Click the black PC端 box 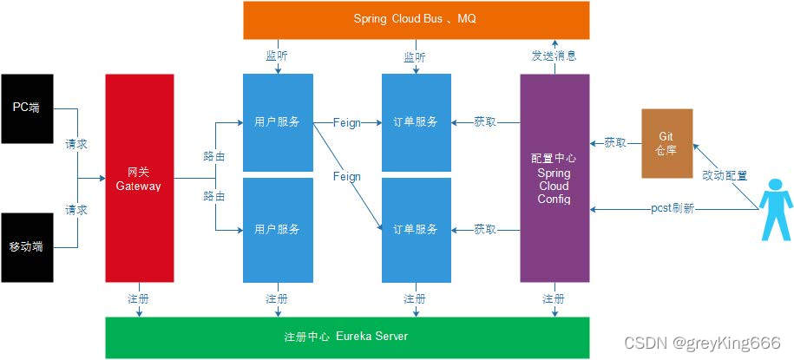click(x=27, y=108)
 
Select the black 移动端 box click(x=27, y=247)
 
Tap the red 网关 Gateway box click(x=139, y=178)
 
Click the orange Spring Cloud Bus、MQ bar click(x=416, y=20)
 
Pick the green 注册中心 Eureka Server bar click(x=346, y=337)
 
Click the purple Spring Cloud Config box click(x=554, y=178)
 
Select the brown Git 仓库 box click(x=666, y=143)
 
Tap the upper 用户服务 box click(x=278, y=122)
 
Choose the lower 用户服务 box click(x=278, y=230)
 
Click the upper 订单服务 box click(x=417, y=122)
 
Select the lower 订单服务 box click(x=417, y=230)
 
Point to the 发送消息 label click(x=554, y=56)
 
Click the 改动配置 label click(x=725, y=175)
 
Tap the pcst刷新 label click(x=673, y=209)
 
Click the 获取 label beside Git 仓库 click(x=615, y=142)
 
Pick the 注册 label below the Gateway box click(x=138, y=298)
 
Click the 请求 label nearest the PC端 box click(x=76, y=144)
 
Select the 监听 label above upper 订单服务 click(x=415, y=56)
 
